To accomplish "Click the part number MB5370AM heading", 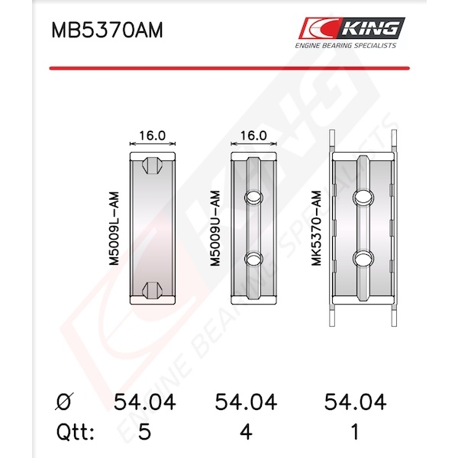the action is click(107, 30).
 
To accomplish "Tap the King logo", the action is click(351, 28).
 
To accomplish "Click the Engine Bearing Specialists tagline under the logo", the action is click(346, 46).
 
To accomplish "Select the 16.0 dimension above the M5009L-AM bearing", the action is click(152, 136).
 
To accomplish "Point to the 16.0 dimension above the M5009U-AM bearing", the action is click(253, 136).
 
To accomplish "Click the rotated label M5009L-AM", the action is click(114, 228).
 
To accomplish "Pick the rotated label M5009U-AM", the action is click(215, 228).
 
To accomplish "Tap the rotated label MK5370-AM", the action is click(316, 228).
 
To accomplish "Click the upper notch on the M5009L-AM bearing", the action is click(152, 166).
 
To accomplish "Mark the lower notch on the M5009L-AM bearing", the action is click(152, 291).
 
